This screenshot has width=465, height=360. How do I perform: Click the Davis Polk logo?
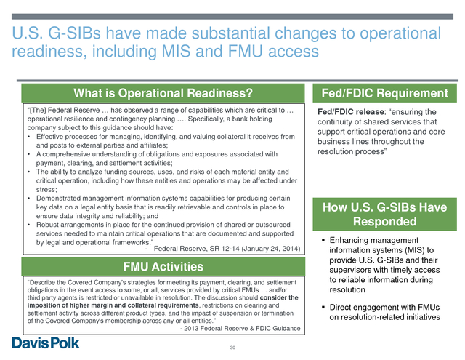coord(46,343)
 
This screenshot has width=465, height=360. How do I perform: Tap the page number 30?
coord(232,348)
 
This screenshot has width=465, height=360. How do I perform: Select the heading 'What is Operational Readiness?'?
coord(163,93)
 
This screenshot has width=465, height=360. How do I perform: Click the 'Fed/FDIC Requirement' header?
coord(384,93)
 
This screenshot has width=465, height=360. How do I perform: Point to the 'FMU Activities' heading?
coord(163,266)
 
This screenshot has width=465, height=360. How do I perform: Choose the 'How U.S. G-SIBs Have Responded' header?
coord(384,215)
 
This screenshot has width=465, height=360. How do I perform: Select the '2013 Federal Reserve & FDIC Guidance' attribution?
coord(242,329)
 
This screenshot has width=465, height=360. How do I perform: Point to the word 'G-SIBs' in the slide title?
coord(74,33)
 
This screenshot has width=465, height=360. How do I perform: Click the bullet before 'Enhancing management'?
coord(323,240)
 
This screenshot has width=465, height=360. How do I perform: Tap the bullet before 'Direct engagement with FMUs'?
coord(323,307)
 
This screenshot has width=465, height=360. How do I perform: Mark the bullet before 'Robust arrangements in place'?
coord(28,225)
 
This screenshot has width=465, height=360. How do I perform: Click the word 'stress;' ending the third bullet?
coord(46,189)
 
